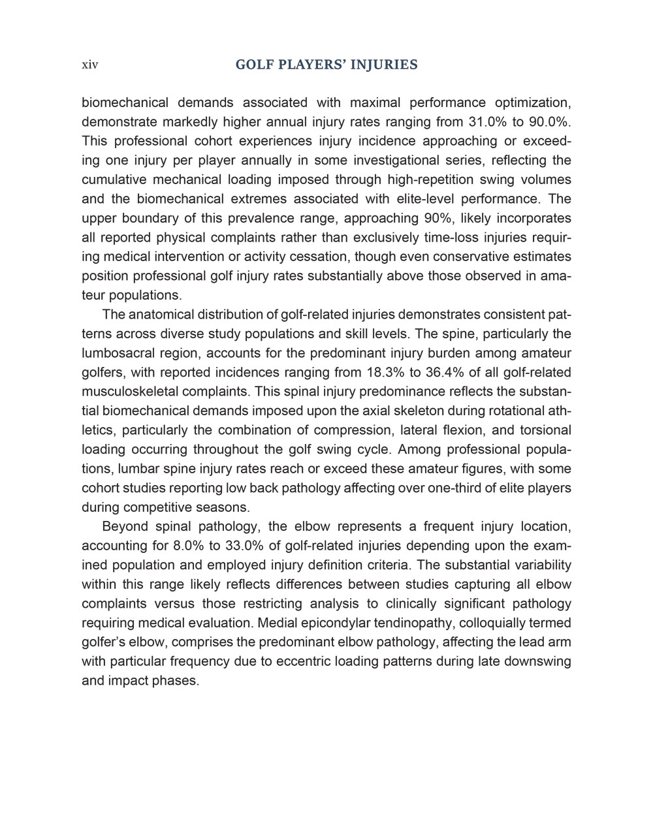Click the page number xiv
[x=89, y=65]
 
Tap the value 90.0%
[x=550, y=122]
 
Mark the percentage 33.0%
[x=237, y=546]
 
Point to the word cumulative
[x=114, y=180]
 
